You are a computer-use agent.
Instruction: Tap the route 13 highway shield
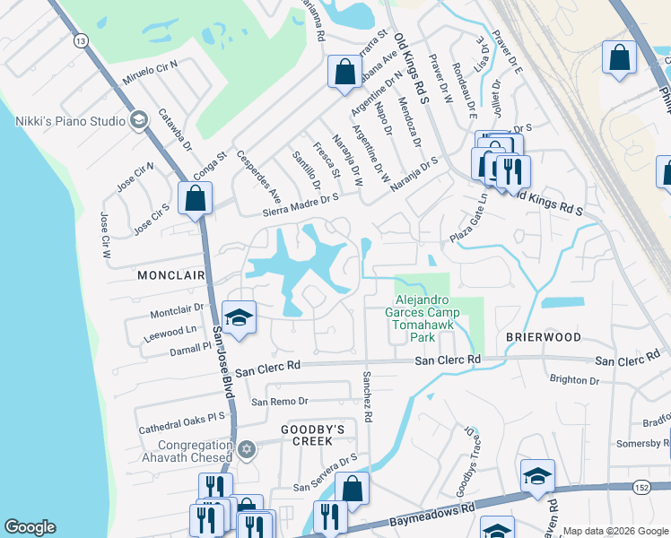coord(82,41)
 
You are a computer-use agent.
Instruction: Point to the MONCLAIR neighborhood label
coord(172,276)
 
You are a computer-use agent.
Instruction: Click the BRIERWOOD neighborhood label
coord(543,337)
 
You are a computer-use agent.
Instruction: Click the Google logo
coord(30,527)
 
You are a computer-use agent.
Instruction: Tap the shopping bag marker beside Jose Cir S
coord(195,198)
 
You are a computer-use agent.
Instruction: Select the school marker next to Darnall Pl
coord(239,317)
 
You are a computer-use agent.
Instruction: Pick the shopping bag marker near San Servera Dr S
coord(352,490)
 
